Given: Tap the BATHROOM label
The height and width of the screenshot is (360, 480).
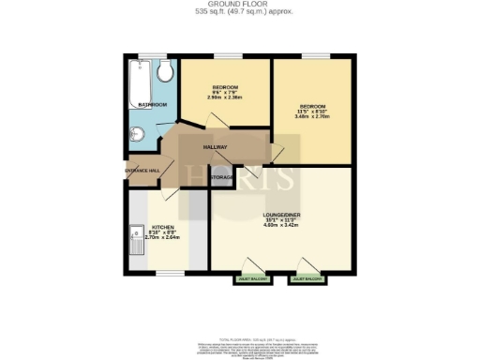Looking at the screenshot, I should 152,104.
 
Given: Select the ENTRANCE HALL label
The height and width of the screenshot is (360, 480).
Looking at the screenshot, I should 142,170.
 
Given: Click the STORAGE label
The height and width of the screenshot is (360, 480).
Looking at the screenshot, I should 222,176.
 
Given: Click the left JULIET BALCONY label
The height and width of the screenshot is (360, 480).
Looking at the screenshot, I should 248,278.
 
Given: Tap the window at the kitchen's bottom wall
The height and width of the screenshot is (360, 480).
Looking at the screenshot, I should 169,273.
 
